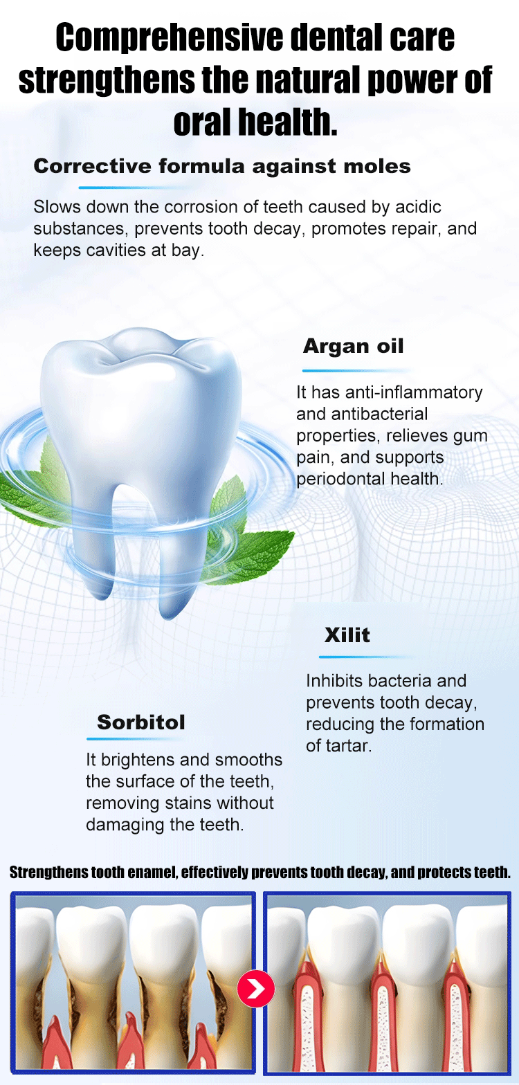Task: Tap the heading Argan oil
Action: click(354, 346)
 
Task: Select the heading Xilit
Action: click(347, 635)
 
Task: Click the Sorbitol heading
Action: click(141, 722)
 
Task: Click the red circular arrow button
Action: click(256, 989)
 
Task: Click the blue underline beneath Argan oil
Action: click(356, 371)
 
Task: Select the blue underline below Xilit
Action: click(367, 657)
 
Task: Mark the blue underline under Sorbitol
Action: click(135, 739)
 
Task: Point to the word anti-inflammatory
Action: click(413, 392)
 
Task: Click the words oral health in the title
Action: click(255, 122)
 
